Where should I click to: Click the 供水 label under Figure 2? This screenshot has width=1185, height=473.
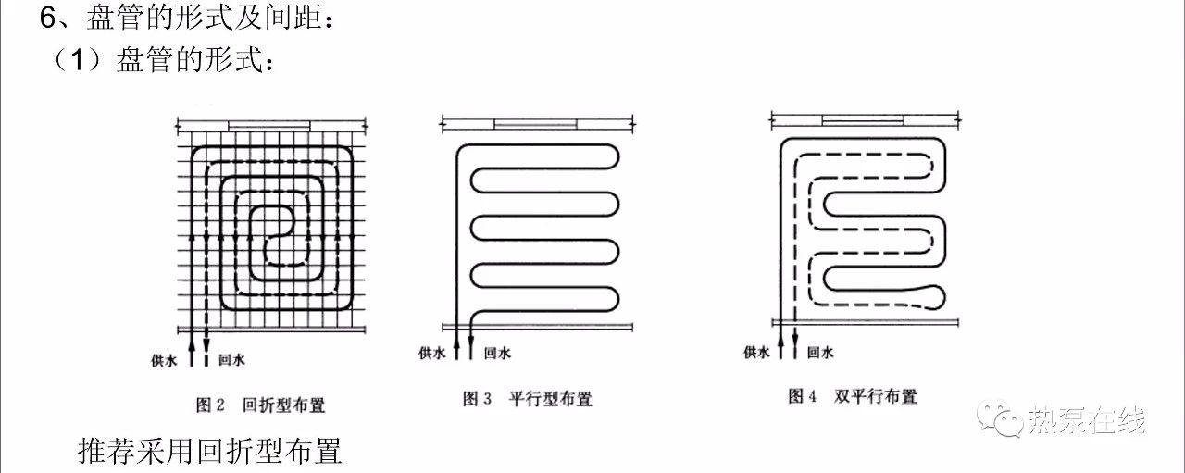click(164, 360)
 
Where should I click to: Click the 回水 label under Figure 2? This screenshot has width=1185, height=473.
click(231, 360)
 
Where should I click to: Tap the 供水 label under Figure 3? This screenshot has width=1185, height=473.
click(431, 353)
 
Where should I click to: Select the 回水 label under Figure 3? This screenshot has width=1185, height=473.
click(497, 353)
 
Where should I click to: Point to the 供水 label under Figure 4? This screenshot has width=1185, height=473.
click(756, 352)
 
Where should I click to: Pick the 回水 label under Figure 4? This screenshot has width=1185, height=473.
click(820, 352)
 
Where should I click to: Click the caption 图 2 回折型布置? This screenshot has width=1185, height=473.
click(260, 405)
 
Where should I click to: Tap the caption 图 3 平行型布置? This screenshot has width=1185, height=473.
click(528, 399)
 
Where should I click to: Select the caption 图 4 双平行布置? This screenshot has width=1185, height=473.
click(853, 396)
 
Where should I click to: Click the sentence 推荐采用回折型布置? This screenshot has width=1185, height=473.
click(210, 452)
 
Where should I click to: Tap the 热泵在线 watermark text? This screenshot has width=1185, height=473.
click(1087, 420)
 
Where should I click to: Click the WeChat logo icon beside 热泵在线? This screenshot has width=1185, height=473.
click(1000, 418)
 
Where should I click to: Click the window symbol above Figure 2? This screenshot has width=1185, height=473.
click(269, 126)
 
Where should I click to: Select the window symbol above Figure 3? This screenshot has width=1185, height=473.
click(535, 124)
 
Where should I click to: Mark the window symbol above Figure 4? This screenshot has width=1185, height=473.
click(863, 120)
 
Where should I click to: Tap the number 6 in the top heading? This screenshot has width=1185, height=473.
click(47, 19)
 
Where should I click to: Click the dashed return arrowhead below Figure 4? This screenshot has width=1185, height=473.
click(794, 338)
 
